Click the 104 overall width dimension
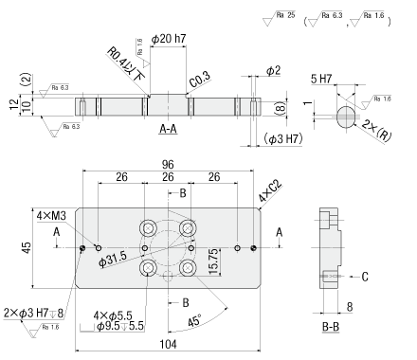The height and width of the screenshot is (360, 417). (168, 344)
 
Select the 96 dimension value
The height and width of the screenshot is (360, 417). (168, 165)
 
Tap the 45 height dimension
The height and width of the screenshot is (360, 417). (27, 247)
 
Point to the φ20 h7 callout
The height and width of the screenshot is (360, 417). (169, 39)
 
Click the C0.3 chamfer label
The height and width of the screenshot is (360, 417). (200, 80)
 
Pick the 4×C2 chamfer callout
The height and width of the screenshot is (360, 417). (270, 192)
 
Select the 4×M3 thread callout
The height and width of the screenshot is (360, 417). (51, 216)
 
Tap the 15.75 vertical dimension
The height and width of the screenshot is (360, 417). (213, 261)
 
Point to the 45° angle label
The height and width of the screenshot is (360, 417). (194, 321)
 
